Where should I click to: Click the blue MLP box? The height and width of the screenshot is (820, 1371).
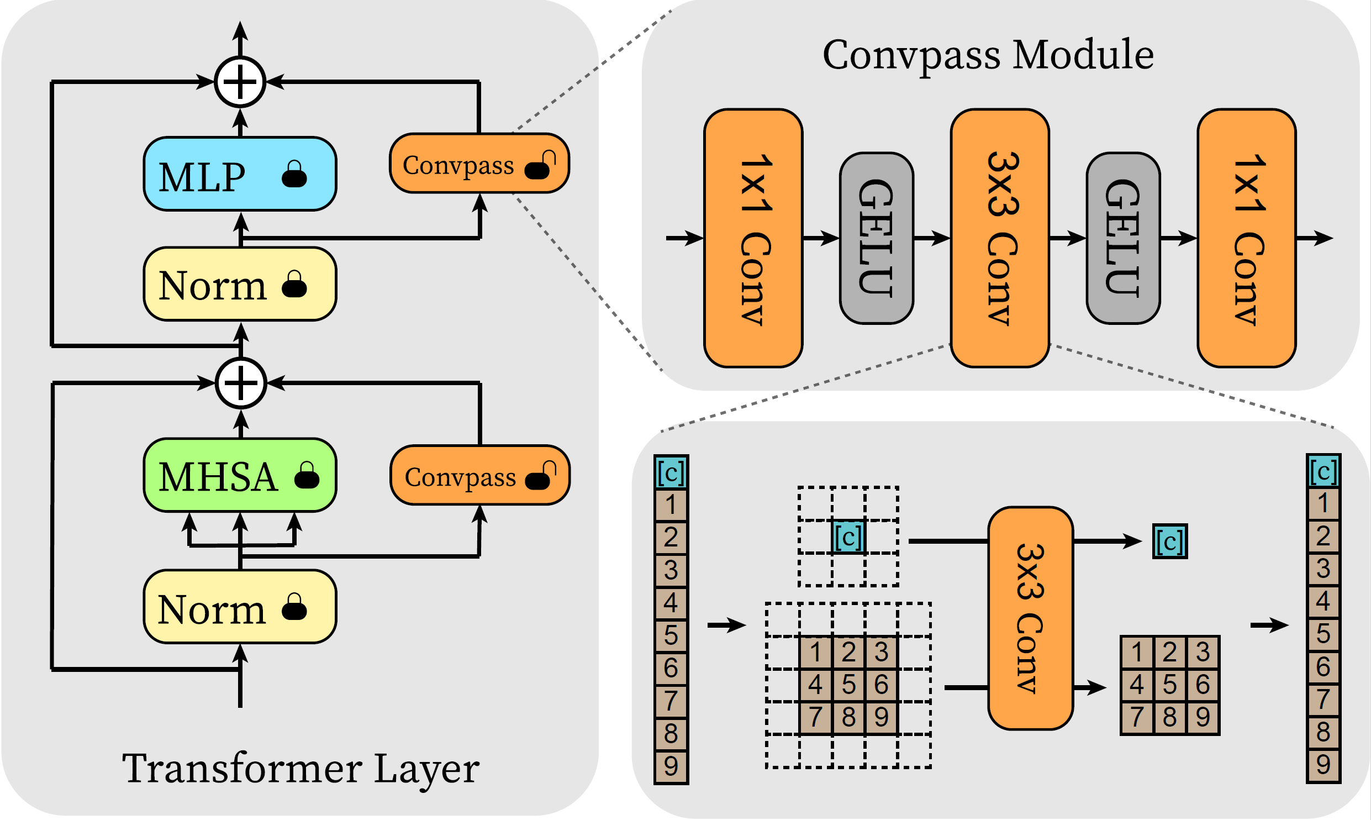pyautogui.click(x=240, y=174)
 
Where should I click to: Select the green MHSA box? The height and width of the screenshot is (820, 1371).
pyautogui.click(x=240, y=475)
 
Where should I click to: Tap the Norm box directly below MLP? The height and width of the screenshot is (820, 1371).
pyautogui.click(x=240, y=284)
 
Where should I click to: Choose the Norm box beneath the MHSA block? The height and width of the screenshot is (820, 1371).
pyautogui.click(x=240, y=607)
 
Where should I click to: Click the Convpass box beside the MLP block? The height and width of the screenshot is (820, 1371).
pyautogui.click(x=479, y=164)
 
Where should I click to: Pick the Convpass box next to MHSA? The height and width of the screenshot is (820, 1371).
pyautogui.click(x=479, y=475)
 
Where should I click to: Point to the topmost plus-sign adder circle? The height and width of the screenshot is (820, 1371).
pyautogui.click(x=240, y=82)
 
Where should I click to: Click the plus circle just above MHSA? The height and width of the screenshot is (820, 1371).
pyautogui.click(x=241, y=382)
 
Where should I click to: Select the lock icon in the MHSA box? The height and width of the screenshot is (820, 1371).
pyautogui.click(x=307, y=476)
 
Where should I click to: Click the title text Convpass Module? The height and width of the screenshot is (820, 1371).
pyautogui.click(x=988, y=55)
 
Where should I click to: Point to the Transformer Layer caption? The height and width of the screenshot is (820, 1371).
pyautogui.click(x=300, y=768)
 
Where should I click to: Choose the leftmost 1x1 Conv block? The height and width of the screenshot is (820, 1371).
pyautogui.click(x=753, y=238)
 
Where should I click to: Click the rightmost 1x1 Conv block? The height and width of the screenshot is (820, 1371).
pyautogui.click(x=1247, y=238)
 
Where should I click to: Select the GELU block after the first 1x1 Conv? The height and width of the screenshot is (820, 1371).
pyautogui.click(x=876, y=238)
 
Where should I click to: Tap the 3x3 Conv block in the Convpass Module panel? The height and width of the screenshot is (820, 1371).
pyautogui.click(x=1000, y=238)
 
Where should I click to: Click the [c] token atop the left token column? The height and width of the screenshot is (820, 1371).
pyautogui.click(x=671, y=472)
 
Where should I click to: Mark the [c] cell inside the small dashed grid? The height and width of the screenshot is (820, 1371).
pyautogui.click(x=848, y=537)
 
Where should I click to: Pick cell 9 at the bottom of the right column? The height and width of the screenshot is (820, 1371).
pyautogui.click(x=1323, y=765)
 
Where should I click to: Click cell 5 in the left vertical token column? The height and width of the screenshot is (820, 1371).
pyautogui.click(x=671, y=635)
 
